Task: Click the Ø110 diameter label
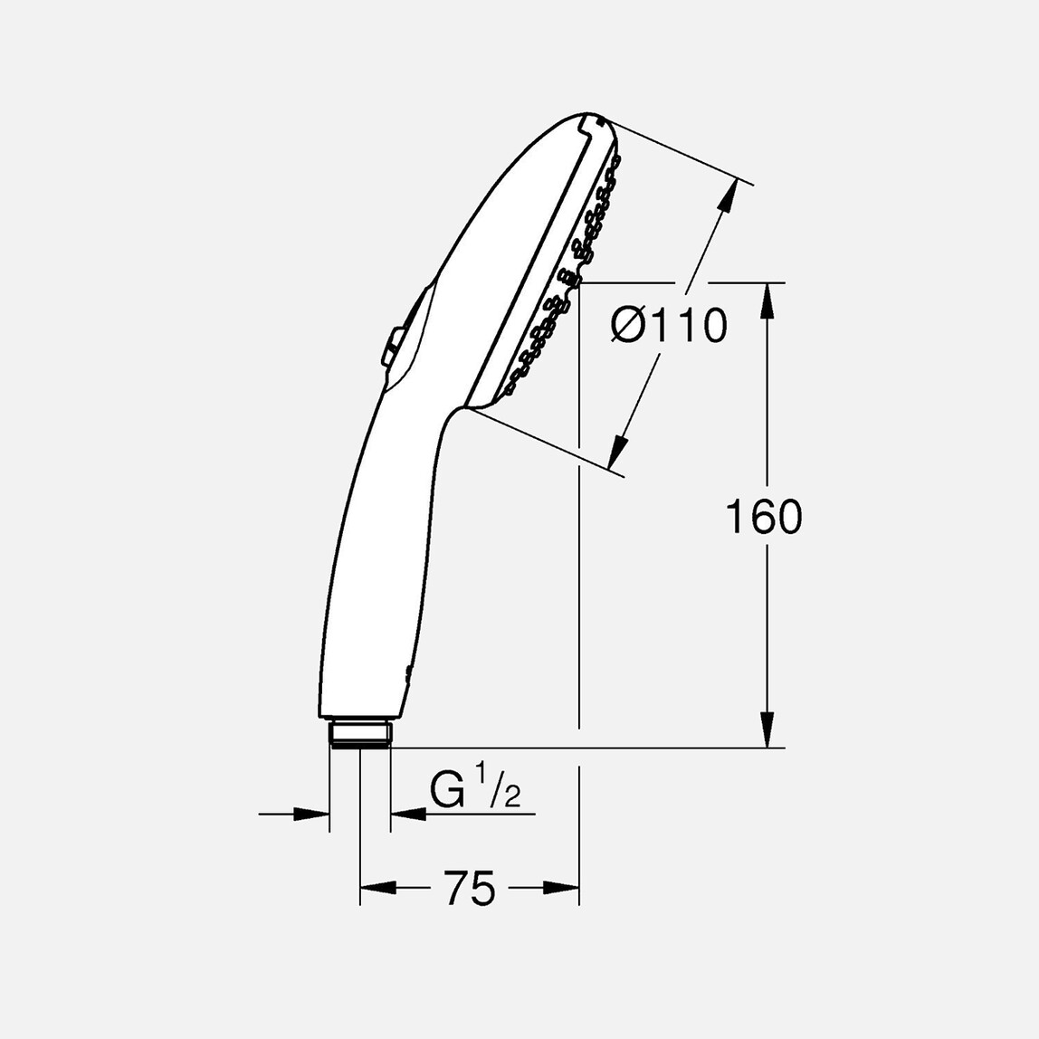(x=669, y=327)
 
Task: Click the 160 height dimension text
(x=764, y=518)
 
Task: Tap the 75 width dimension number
(x=470, y=888)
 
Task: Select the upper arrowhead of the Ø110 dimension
(x=725, y=200)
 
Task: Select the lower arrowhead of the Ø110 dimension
(x=618, y=451)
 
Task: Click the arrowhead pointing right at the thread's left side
(x=311, y=815)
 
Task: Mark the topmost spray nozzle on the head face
(x=617, y=160)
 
